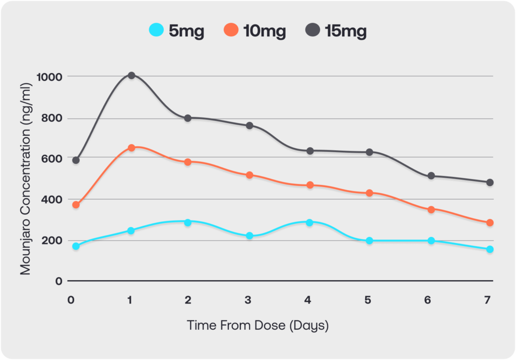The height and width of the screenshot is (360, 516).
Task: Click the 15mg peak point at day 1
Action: click(132, 76)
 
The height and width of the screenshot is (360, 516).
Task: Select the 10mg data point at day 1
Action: click(132, 148)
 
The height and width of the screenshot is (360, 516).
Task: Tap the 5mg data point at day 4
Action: click(309, 223)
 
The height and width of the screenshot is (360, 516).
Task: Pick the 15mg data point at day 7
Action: click(490, 183)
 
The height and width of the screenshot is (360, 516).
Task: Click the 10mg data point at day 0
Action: click(76, 205)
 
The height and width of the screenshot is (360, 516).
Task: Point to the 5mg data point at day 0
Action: click(76, 246)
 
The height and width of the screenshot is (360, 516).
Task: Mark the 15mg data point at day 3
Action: click(249, 126)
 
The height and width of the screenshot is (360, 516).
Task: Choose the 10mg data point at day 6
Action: click(431, 209)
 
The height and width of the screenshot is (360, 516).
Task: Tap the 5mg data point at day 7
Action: click(490, 250)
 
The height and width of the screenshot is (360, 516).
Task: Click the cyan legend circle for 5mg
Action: click(156, 30)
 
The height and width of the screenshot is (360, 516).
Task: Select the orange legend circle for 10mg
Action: click(231, 30)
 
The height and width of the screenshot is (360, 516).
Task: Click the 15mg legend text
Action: click(346, 31)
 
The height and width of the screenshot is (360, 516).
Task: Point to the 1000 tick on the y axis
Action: click(49, 77)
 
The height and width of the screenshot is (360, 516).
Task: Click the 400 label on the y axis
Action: click(52, 200)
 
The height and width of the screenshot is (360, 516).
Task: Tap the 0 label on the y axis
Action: click(59, 281)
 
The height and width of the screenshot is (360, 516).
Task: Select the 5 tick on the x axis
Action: click(368, 300)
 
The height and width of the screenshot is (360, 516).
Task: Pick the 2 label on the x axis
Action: click(188, 300)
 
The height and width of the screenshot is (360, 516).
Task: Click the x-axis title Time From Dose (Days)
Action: click(257, 325)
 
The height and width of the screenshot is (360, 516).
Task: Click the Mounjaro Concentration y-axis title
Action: click(25, 179)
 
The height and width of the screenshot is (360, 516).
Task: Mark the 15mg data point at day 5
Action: click(369, 152)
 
